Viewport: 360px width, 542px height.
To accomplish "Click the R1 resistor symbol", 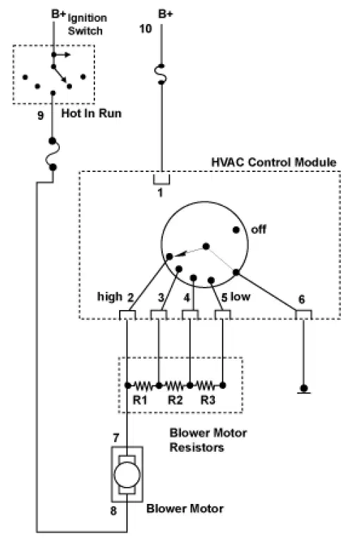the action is click(x=143, y=385).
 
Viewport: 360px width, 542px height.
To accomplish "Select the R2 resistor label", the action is click(x=175, y=400).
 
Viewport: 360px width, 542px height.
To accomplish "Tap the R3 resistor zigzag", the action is click(x=206, y=385).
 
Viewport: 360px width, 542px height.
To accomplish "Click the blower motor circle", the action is click(x=127, y=474).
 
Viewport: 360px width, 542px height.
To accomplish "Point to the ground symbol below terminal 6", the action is click(x=304, y=389).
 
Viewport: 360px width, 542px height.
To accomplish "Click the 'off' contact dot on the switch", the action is click(x=236, y=230).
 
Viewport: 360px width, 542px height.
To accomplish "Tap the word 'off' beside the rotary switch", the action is click(x=259, y=229).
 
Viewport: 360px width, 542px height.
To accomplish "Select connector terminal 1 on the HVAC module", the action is click(x=161, y=179).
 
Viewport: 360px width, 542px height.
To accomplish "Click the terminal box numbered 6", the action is click(x=304, y=314).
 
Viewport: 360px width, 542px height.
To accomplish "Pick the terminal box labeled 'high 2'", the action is click(x=128, y=315).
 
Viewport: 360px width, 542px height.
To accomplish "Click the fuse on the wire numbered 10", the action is click(x=161, y=74).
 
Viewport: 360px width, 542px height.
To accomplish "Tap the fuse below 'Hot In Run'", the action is click(x=53, y=154).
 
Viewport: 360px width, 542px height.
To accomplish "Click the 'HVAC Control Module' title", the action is click(x=273, y=162).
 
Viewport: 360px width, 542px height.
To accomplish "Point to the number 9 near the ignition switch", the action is click(x=40, y=115).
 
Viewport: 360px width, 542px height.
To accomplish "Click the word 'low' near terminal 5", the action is click(x=240, y=296).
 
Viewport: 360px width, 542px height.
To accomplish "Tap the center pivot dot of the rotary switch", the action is click(x=206, y=246).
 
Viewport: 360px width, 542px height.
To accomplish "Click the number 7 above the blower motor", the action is click(x=116, y=438).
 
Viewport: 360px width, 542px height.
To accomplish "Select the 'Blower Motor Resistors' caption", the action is click(x=208, y=440).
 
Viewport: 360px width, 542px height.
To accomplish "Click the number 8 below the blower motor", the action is click(x=113, y=510).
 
